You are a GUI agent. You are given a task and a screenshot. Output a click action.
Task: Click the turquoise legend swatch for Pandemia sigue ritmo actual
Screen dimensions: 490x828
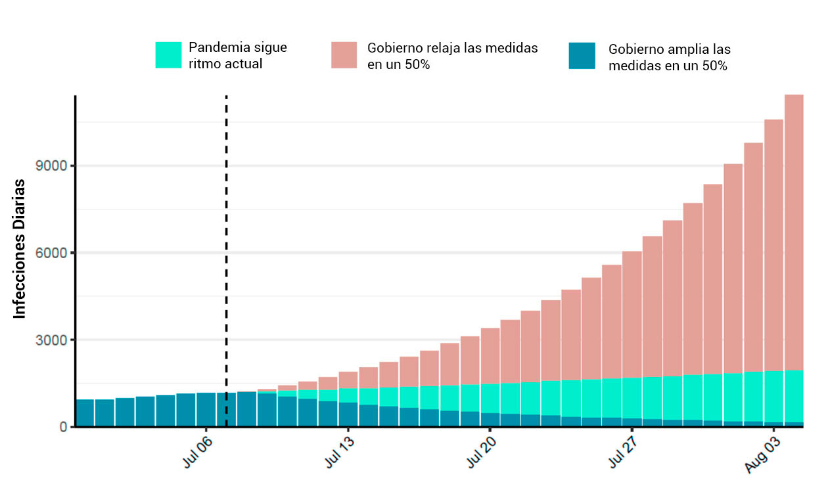point(168,55)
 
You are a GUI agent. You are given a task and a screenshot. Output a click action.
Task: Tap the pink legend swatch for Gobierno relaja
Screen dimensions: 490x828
point(344,55)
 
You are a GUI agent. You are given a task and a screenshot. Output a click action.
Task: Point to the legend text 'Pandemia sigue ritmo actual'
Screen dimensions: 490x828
point(237,55)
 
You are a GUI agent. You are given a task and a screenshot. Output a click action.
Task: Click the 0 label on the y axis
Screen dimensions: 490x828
point(63,428)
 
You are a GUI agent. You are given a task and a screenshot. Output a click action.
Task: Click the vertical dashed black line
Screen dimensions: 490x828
point(226,263)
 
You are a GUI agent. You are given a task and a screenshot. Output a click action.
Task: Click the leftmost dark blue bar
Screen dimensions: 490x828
point(85,413)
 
